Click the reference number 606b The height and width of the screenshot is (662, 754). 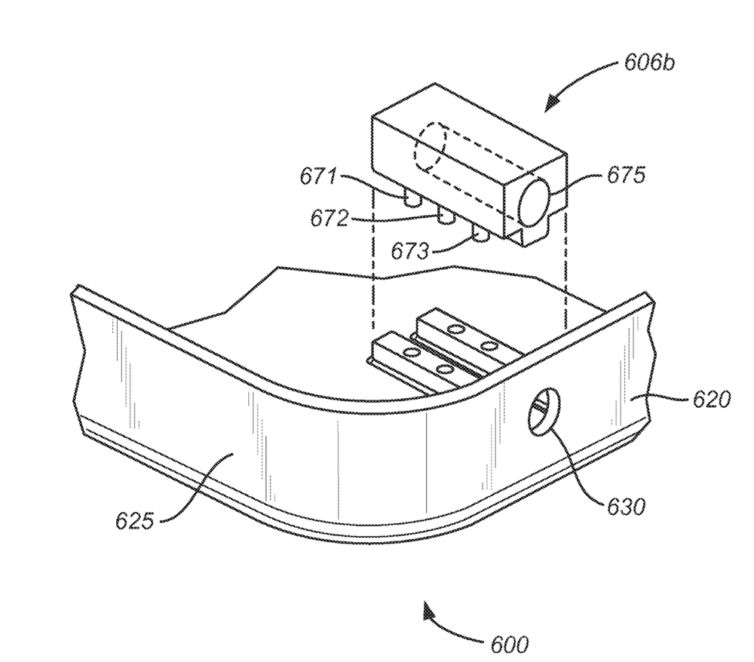coord(649,63)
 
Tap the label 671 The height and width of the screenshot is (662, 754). coord(318,176)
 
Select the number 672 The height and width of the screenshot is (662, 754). coord(329,219)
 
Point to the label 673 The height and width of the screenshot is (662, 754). coord(409,250)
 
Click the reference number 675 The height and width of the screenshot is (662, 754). coord(625,176)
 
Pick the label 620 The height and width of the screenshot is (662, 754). coord(712,399)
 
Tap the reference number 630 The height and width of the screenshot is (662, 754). coord(626,506)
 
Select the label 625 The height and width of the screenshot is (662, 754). coord(135,521)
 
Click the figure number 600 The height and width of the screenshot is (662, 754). coord(509,644)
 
